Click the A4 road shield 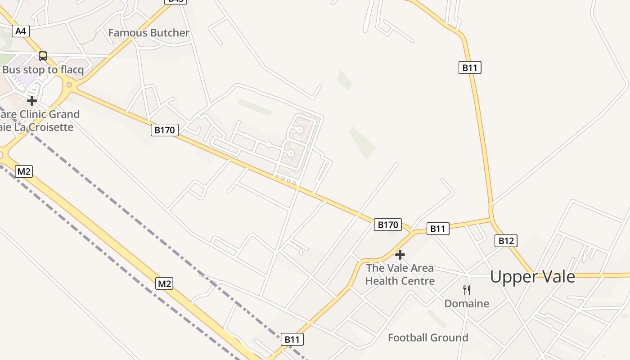tap(21, 31)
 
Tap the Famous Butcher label tap(148, 33)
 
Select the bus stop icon tap(43, 56)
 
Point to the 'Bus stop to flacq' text tap(43, 70)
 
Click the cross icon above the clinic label tap(32, 100)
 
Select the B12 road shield tap(506, 241)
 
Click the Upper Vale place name tap(532, 276)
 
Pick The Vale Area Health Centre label tap(400, 274)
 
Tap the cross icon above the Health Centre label tap(400, 255)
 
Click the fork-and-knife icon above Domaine tap(467, 290)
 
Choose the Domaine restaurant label tap(467, 304)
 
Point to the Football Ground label tap(428, 337)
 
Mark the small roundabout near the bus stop tap(69, 85)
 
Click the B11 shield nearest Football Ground tap(292, 339)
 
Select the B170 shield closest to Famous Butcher tap(164, 130)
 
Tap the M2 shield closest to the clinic tap(23, 171)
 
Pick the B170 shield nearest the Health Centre tap(387, 225)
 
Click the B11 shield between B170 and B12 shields tap(437, 229)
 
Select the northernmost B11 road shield tap(470, 67)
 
